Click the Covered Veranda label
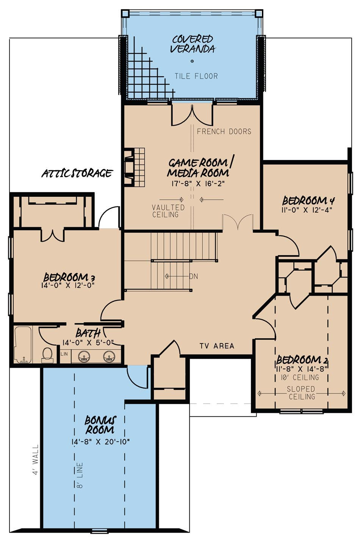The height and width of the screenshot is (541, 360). (x=193, y=44)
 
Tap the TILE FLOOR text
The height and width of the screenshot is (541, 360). (x=196, y=76)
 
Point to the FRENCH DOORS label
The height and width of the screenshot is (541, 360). (x=224, y=132)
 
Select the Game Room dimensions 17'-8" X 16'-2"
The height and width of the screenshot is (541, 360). (x=198, y=184)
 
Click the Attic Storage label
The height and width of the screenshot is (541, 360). (x=77, y=173)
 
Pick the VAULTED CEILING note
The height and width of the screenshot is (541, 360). (x=168, y=211)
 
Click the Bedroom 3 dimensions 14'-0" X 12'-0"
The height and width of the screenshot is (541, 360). (x=67, y=285)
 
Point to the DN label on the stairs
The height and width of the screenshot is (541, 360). (x=194, y=276)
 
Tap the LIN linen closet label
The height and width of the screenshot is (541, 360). (x=64, y=354)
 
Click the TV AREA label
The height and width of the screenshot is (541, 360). (x=217, y=346)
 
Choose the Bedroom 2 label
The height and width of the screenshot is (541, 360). (x=302, y=360)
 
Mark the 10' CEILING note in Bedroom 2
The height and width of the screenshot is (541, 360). (x=300, y=377)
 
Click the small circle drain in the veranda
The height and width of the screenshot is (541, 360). (x=192, y=61)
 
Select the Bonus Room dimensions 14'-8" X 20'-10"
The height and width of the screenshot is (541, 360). (x=100, y=442)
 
